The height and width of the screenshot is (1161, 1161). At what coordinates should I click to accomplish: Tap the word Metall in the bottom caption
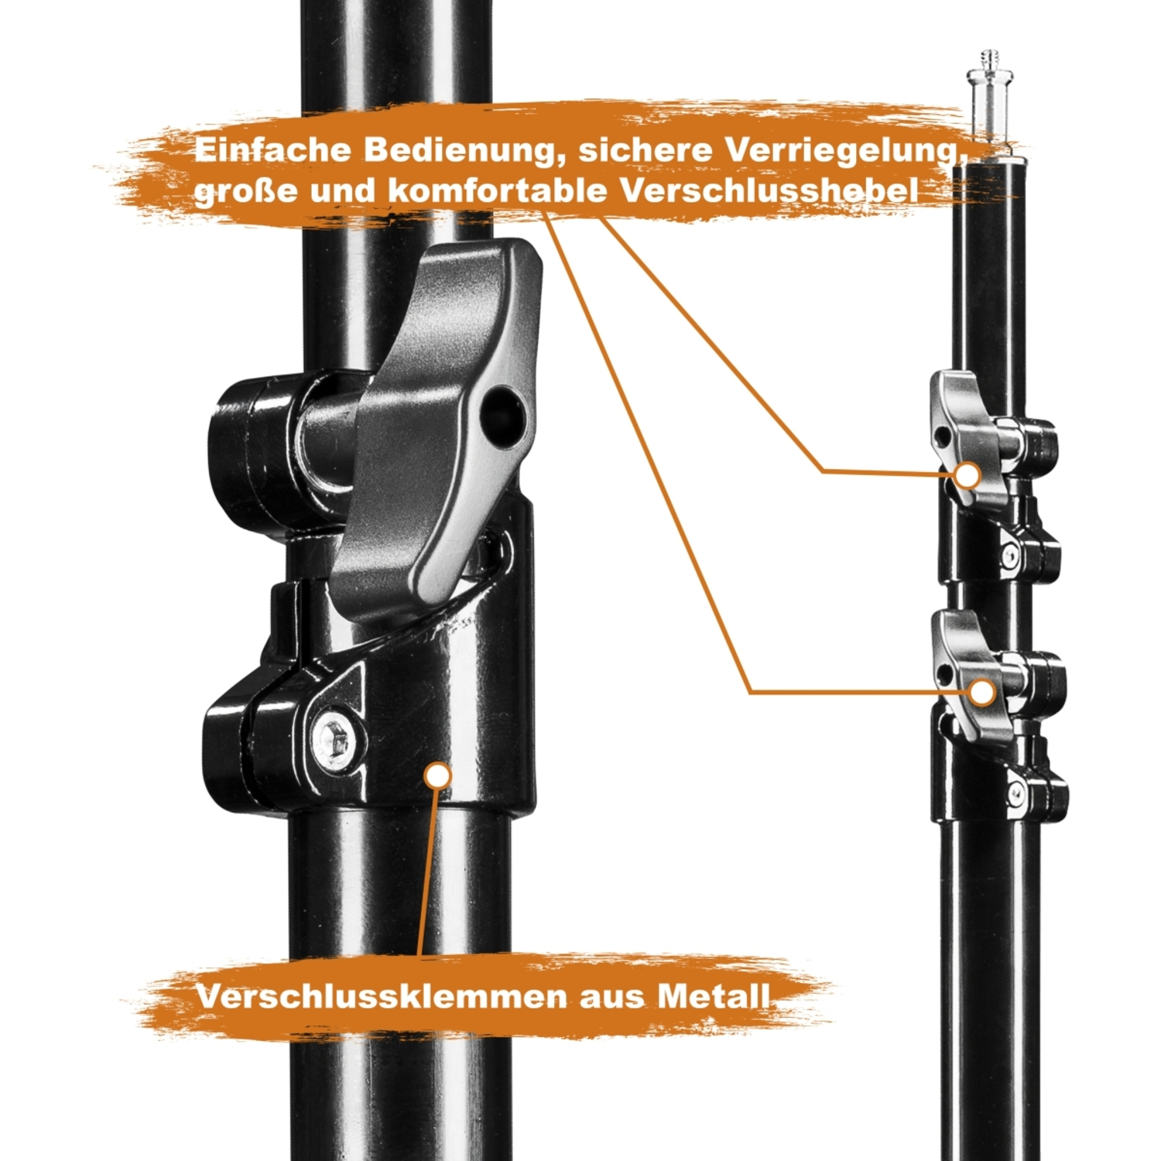tap(714, 996)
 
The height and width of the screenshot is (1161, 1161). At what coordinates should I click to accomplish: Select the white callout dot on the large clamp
tap(438, 776)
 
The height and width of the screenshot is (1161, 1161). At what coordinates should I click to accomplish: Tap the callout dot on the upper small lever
tap(967, 474)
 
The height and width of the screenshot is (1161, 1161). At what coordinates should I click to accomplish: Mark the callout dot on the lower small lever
tap(982, 692)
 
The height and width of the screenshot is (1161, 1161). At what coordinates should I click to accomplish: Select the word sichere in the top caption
tap(645, 150)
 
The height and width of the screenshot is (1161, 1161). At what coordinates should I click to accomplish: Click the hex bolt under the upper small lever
tap(1012, 554)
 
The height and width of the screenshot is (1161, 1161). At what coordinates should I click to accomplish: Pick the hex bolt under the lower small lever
tap(1016, 793)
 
